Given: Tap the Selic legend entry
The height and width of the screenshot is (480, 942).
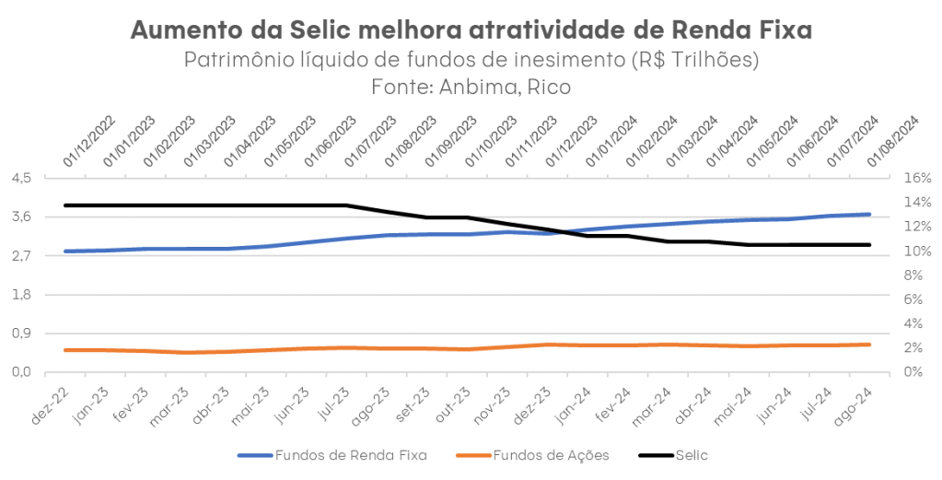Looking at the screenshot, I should click(692, 455).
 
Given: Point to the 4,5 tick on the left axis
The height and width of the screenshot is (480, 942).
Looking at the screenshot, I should click(21, 178).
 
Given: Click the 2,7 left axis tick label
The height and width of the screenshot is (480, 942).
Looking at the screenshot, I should click(21, 255).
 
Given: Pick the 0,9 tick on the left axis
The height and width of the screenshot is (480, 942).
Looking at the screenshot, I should click(21, 334).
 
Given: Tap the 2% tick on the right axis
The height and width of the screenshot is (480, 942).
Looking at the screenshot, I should click(914, 347).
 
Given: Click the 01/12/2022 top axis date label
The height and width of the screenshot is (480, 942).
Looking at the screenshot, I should click(90, 141).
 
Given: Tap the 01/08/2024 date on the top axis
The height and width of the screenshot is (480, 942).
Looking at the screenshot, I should click(895, 141).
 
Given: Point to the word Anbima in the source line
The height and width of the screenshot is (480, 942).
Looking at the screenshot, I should click(484, 86).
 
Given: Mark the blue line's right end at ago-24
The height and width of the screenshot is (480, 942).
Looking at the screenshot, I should click(870, 215).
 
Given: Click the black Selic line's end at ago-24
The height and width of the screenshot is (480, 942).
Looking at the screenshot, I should click(870, 245).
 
